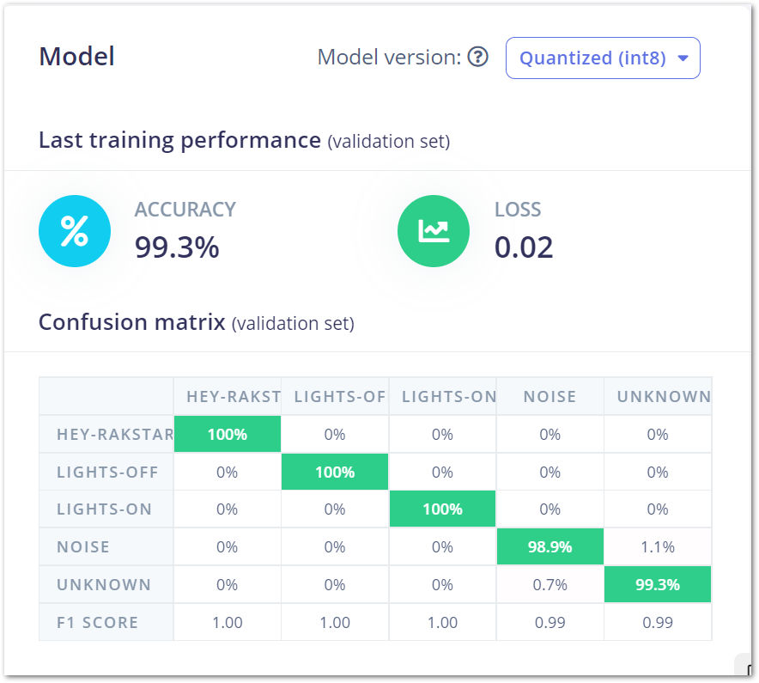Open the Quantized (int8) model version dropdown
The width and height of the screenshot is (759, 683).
(603, 58)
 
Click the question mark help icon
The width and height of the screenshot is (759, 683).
(478, 58)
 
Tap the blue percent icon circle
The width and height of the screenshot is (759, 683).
(75, 231)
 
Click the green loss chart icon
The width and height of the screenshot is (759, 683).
(434, 231)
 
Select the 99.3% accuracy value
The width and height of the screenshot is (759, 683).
(177, 247)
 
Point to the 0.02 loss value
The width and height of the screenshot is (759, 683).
(524, 247)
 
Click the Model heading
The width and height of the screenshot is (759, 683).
(77, 57)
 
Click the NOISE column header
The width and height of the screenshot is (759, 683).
(550, 396)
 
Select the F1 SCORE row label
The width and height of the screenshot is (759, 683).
(97, 623)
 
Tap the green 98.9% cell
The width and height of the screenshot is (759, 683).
(550, 547)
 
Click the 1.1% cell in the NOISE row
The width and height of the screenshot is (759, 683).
(658, 547)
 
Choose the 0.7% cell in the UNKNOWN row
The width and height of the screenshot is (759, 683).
(550, 585)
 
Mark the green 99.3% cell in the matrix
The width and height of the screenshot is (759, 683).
(658, 585)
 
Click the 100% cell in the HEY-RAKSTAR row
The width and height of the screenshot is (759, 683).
(228, 434)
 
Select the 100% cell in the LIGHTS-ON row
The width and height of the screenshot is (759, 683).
(442, 509)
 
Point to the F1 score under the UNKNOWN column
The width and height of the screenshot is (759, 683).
(658, 623)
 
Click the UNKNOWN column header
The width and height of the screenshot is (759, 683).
(658, 396)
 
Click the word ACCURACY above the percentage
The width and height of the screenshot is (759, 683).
(185, 210)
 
